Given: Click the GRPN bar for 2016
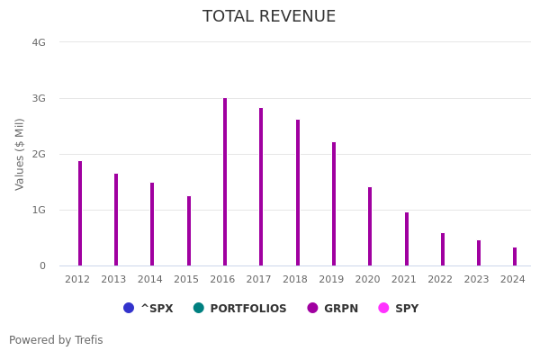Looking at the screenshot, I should point(225,182).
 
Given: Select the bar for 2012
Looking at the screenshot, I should point(80,213).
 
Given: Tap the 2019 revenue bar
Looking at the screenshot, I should point(334,204).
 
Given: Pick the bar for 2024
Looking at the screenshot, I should point(515,256).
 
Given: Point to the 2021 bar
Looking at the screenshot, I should point(407,239).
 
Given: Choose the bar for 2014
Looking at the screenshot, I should point(152,224).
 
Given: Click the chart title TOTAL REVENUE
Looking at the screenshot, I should point(269,17).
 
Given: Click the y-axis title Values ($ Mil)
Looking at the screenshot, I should point(20,154).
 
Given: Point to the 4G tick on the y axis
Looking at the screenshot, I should point(39,42).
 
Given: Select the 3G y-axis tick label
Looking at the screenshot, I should point(39,98).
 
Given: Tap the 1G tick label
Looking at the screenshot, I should point(39,210).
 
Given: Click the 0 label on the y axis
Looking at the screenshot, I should point(42,265).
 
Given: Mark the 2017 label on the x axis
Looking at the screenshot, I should point(258,280).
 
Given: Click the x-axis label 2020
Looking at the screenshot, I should point(367,280).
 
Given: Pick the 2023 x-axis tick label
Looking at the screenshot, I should point(476,280).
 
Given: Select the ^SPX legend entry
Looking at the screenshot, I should point(148,309).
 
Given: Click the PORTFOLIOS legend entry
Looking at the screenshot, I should point(240,309).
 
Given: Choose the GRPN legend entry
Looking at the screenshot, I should point(333,309).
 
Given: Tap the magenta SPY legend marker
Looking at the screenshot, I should point(384,308).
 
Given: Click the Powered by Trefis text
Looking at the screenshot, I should point(56,340).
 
